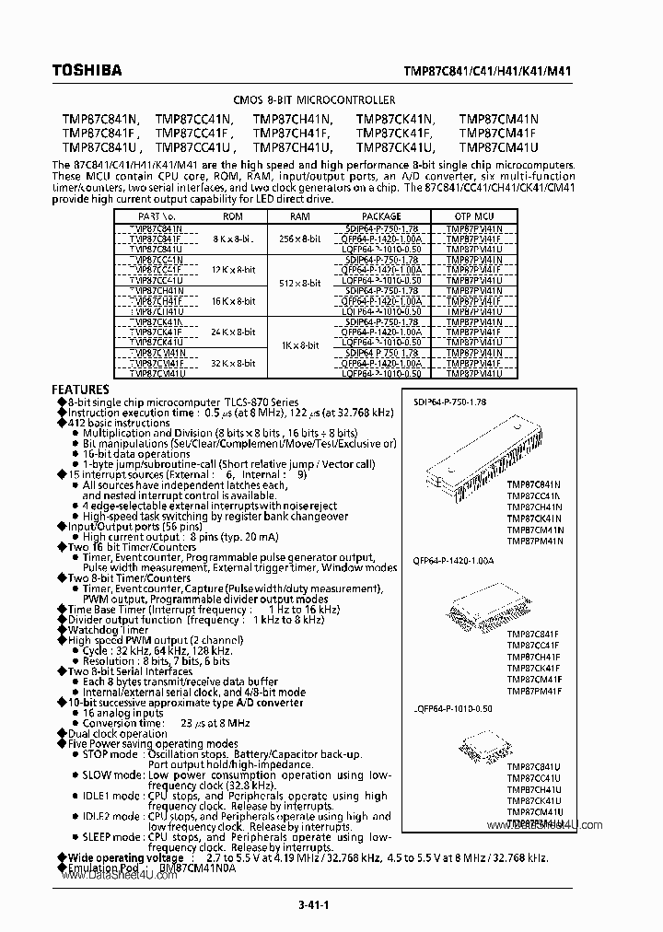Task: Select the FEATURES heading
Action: pos(80,390)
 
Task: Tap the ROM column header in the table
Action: pos(232,217)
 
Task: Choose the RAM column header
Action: pos(300,217)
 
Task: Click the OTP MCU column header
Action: pos(473,217)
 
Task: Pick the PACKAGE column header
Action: pos(380,217)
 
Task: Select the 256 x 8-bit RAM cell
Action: pos(300,238)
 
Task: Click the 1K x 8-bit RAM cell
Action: pos(300,344)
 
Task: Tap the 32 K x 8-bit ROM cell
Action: pos(232,363)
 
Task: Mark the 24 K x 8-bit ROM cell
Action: pos(232,332)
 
